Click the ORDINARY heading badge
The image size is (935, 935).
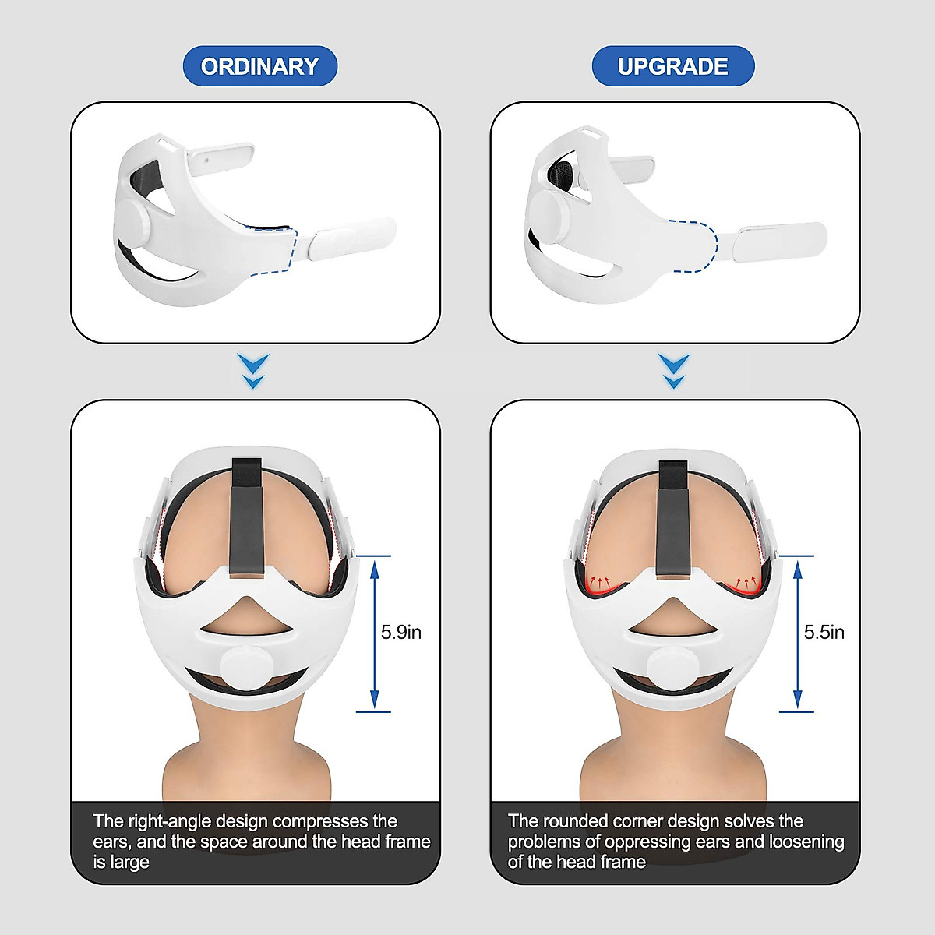[259, 66]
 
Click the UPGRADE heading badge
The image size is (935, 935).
[672, 66]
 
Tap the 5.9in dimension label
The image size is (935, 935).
[400, 632]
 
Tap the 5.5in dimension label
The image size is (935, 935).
[824, 632]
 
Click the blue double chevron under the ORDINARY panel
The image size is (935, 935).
[255, 371]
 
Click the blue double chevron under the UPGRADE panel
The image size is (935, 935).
[674, 371]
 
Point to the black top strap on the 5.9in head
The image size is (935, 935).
[250, 514]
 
